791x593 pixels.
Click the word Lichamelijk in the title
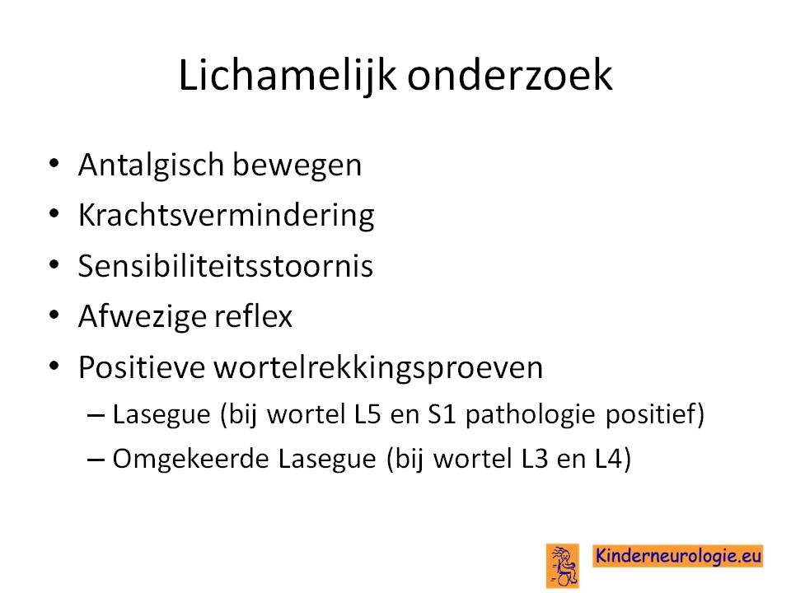tap(288, 76)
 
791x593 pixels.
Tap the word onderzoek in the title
tap(510, 75)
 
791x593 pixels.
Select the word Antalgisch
tap(151, 166)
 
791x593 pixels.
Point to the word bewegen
tap(297, 166)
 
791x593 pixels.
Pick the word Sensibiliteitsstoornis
tap(226, 265)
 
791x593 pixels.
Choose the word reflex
tap(253, 315)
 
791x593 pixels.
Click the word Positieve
tap(142, 367)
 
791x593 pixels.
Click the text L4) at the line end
tap(613, 460)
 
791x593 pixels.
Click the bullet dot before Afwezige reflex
tap(54, 315)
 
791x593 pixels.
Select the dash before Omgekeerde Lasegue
tap(96, 460)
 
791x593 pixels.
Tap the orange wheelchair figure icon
tap(563, 565)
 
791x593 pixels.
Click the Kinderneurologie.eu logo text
tap(677, 556)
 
